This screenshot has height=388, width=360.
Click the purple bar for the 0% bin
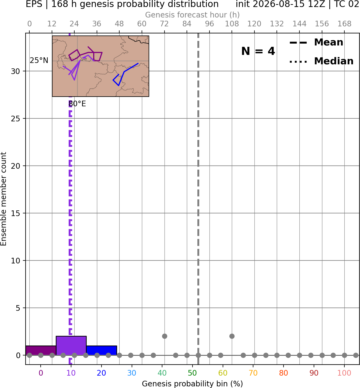[x=41, y=350]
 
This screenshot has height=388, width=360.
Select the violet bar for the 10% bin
[x=71, y=345]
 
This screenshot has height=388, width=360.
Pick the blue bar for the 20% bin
[x=102, y=350]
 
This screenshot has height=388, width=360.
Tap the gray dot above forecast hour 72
[x=165, y=336]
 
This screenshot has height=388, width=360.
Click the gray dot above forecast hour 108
[x=232, y=336]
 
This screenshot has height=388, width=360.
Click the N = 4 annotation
[x=258, y=51]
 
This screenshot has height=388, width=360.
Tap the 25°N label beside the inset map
[x=39, y=61]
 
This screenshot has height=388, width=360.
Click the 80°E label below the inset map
[x=77, y=104]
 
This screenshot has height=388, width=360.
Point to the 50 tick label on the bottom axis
[x=192, y=373]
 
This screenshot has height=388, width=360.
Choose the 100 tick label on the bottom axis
[x=344, y=373]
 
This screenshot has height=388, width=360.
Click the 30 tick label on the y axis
[x=15, y=71]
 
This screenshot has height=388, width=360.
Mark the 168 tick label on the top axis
[x=344, y=24]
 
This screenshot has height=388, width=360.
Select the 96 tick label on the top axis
[x=209, y=24]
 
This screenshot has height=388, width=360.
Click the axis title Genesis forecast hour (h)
[x=193, y=15]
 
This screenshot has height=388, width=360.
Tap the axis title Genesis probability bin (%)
[x=193, y=383]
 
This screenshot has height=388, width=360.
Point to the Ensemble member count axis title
[x=3, y=199]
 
